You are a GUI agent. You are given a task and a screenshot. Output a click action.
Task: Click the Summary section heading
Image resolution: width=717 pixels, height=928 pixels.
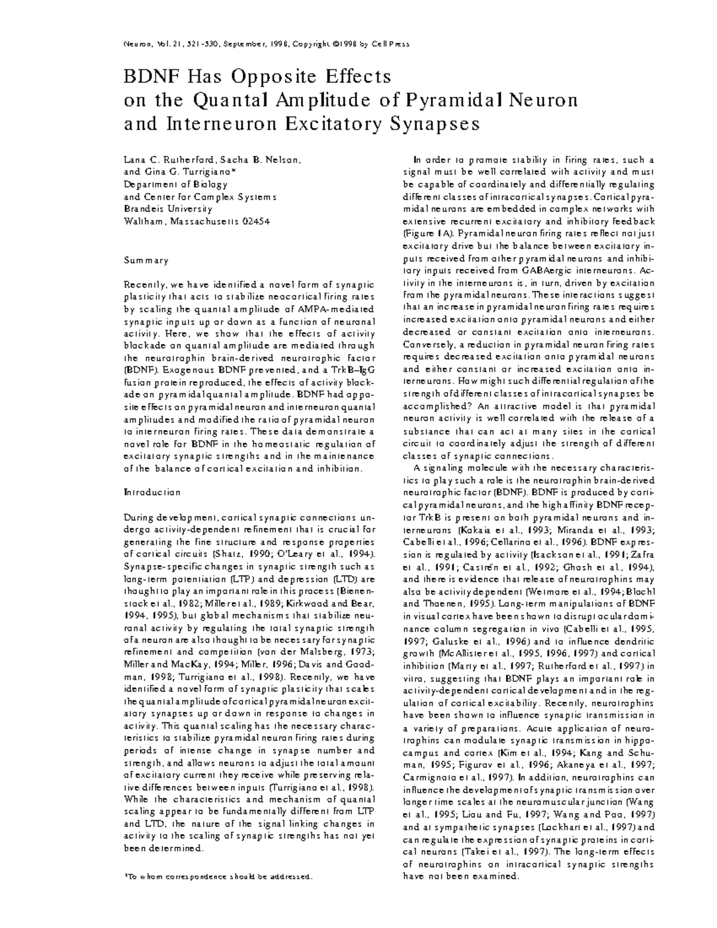(146, 261)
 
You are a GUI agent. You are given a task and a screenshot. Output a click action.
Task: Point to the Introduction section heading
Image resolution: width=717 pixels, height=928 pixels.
(152, 492)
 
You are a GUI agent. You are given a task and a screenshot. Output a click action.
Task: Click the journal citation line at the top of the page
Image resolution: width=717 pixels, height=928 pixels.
(266, 44)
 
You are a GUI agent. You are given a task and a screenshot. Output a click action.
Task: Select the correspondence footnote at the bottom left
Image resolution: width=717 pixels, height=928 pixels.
(218, 877)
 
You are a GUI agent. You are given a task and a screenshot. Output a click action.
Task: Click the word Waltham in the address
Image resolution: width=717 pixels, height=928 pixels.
(143, 221)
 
